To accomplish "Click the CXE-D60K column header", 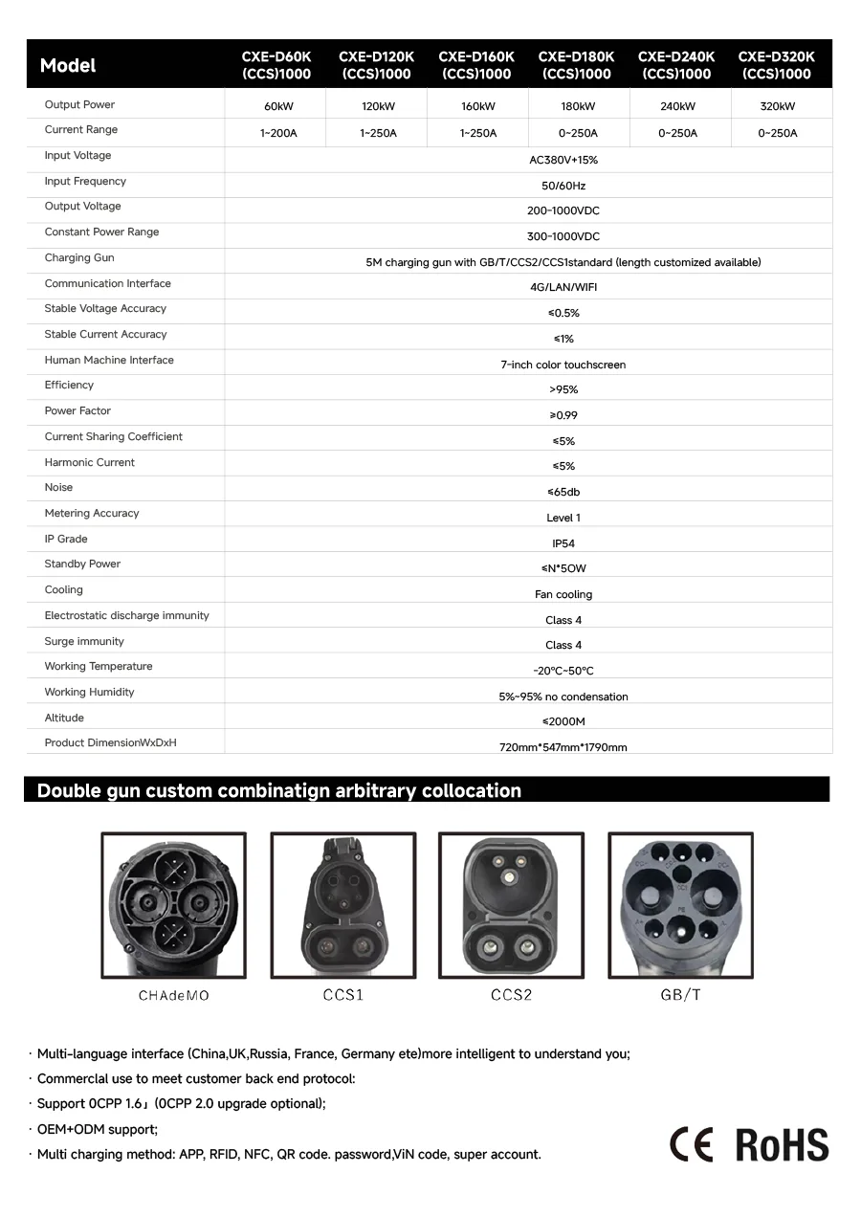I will [276, 65].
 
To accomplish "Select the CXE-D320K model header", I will [776, 65].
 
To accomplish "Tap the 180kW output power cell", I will [578, 106].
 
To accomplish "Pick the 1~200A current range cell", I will [278, 133].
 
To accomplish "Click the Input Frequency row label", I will [85, 181].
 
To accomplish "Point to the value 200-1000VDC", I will [563, 210].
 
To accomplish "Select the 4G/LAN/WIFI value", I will [563, 287].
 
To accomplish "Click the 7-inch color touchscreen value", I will [563, 365].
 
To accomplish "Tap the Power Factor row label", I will [77, 410].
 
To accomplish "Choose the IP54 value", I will [563, 543].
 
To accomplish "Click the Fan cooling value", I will [563, 594].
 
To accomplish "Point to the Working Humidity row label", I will [89, 692].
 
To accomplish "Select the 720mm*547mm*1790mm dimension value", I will [563, 747].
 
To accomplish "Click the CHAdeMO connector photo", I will [173, 904].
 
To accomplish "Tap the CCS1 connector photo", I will [342, 904].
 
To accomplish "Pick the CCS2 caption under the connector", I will [511, 995].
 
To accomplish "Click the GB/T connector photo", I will [680, 904].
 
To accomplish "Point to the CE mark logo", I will [691, 1144].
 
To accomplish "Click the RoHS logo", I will [782, 1144].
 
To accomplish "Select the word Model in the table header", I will [68, 66].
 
